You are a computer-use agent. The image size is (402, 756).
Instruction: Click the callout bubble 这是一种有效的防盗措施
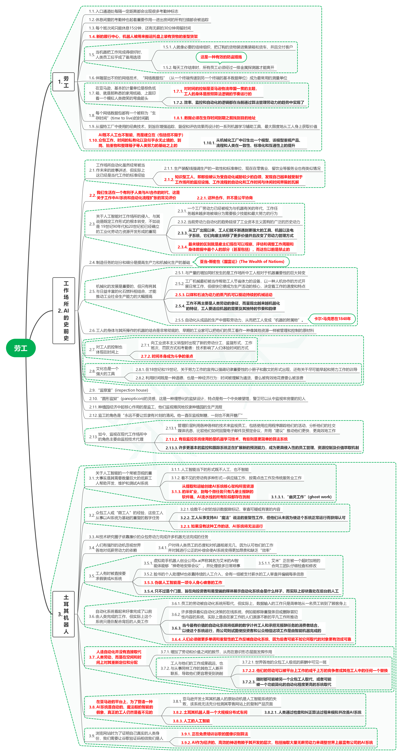tap(221, 57)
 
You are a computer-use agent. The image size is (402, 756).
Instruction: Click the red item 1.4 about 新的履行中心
tap(143, 36)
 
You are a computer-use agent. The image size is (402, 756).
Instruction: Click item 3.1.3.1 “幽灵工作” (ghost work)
tap(301, 497)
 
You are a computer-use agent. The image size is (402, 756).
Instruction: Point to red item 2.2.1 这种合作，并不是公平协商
tap(225, 198)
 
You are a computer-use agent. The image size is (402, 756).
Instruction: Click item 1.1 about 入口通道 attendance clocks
tap(134, 11)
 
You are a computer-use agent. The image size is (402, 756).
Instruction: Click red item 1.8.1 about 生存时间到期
tap(214, 118)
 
